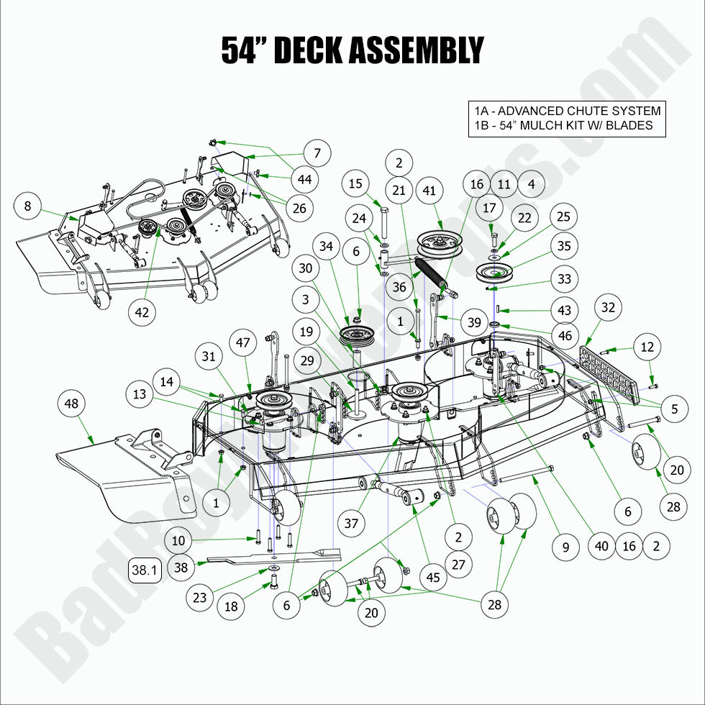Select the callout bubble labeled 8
[x=27, y=206]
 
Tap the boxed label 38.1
[x=144, y=570]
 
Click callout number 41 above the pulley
[x=429, y=191]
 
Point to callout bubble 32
[x=608, y=307]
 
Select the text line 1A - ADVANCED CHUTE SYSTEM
[x=567, y=111]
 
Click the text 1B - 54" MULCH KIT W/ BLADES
[x=563, y=125]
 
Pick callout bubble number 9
[x=566, y=547]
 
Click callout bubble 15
[x=355, y=185]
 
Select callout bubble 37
[x=351, y=523]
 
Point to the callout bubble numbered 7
[x=317, y=153]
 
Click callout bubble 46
[x=565, y=336]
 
